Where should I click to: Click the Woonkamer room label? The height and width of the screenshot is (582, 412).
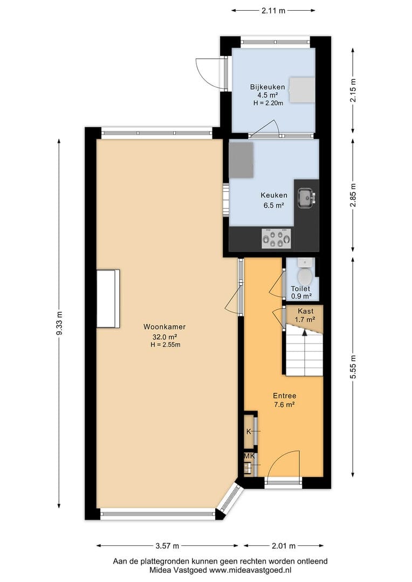(x=164, y=327)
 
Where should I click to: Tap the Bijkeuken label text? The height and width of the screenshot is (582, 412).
(x=267, y=87)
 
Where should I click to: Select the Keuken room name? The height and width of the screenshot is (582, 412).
(x=274, y=195)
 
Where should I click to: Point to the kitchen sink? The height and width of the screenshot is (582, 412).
(x=307, y=197)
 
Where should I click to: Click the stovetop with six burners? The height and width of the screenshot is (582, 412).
(x=277, y=238)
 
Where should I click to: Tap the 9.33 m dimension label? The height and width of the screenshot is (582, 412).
(x=59, y=323)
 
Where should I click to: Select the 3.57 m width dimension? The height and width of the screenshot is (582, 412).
(x=167, y=545)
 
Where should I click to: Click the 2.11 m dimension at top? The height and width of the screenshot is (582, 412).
(x=273, y=10)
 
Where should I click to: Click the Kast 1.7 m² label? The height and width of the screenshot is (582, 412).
(x=305, y=315)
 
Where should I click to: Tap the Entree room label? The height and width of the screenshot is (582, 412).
(x=285, y=396)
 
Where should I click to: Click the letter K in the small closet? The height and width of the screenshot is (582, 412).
(x=249, y=432)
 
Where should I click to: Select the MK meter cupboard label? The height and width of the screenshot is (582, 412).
(x=249, y=456)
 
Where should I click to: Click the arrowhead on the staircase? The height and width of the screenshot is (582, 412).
(x=305, y=332)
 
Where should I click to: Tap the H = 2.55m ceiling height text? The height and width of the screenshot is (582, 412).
(x=166, y=345)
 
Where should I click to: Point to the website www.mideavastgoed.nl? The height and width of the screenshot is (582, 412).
(x=250, y=570)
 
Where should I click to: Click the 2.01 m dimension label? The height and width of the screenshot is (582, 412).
(x=284, y=545)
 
